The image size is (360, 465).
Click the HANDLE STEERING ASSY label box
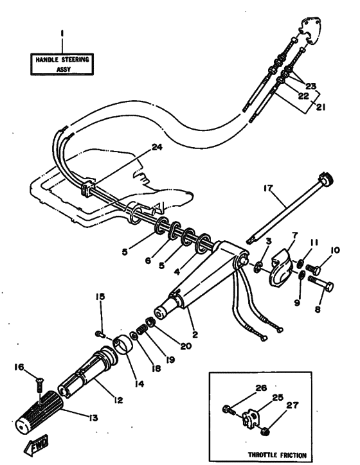(x=61, y=65)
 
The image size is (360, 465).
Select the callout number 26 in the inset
(x=260, y=387)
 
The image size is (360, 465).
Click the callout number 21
(x=320, y=107)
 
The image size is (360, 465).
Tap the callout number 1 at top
(x=62, y=31)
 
